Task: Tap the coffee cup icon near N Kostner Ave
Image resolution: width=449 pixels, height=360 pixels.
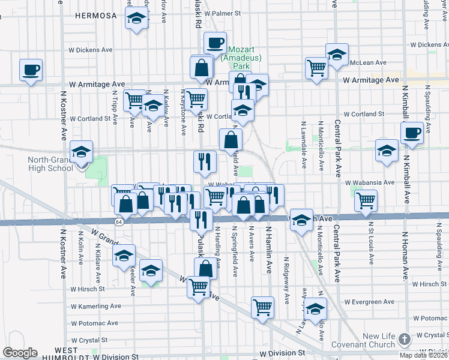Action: (x=31, y=70)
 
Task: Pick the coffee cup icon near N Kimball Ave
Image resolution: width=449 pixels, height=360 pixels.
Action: (x=412, y=133)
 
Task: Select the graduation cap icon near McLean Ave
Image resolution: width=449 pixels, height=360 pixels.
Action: (x=337, y=54)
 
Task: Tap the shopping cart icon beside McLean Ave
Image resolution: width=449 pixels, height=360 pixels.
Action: (x=316, y=67)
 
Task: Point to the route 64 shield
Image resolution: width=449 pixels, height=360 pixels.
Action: (x=119, y=221)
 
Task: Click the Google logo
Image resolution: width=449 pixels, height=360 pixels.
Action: (x=20, y=353)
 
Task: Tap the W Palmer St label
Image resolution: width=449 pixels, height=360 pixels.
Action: (x=222, y=12)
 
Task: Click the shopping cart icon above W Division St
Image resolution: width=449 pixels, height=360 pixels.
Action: (x=262, y=307)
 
